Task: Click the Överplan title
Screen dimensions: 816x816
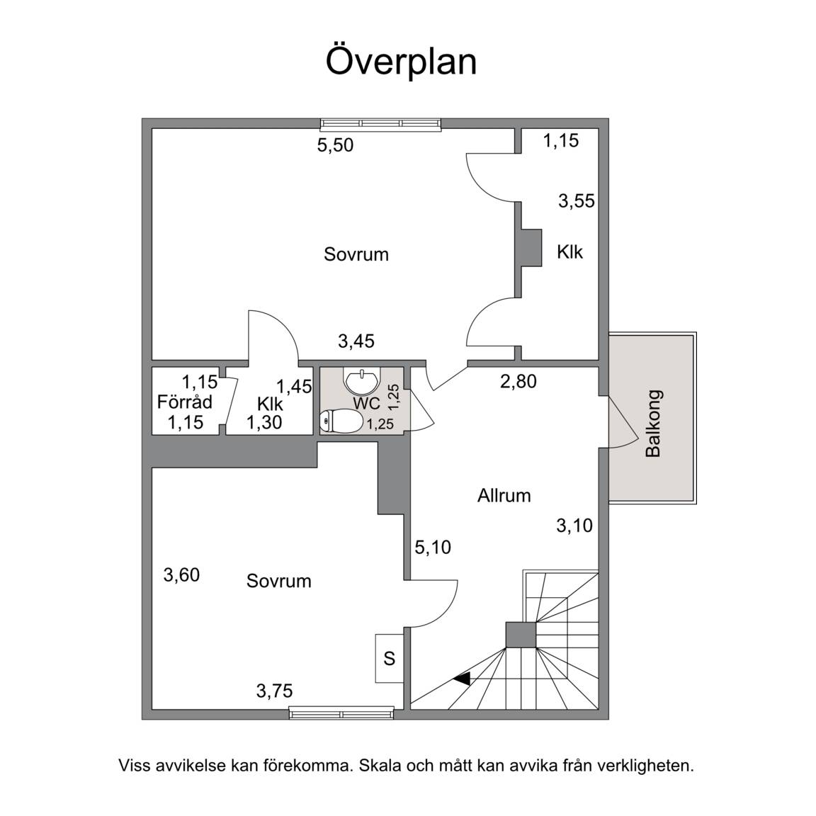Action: click(x=401, y=62)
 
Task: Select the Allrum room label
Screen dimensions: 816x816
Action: click(x=504, y=495)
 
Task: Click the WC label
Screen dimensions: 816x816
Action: click(x=367, y=403)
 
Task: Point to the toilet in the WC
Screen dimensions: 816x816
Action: click(x=341, y=421)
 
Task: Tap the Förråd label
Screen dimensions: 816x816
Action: click(x=185, y=402)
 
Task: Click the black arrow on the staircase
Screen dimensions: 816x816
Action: click(x=462, y=678)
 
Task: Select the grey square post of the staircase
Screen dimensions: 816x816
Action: click(x=521, y=635)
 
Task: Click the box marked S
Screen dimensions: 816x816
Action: click(x=390, y=658)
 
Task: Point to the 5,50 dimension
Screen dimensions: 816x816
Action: click(x=335, y=144)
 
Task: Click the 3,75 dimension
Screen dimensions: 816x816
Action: click(x=274, y=691)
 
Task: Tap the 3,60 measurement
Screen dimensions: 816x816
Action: click(x=181, y=575)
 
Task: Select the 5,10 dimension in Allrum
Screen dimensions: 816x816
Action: click(x=433, y=547)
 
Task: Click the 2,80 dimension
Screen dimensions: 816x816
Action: click(x=518, y=382)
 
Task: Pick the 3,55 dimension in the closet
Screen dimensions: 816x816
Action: click(x=577, y=201)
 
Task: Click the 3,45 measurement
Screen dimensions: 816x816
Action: click(x=356, y=341)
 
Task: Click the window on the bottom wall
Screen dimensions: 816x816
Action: click(x=341, y=713)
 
